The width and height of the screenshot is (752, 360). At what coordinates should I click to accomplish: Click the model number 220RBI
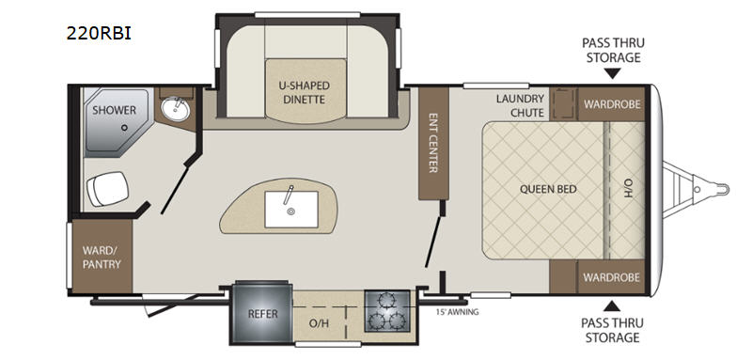99,34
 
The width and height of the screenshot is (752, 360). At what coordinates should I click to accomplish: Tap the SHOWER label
114,110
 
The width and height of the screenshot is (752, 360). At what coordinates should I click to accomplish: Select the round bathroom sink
175,109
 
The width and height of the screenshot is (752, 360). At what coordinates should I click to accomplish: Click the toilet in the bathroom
108,188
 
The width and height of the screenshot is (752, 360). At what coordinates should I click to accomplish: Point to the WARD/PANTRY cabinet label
102,257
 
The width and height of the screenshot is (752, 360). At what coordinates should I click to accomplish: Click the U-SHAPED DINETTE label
305,92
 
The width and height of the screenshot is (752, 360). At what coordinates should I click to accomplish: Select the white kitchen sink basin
291,210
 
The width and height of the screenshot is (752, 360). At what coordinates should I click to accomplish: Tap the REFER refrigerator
262,314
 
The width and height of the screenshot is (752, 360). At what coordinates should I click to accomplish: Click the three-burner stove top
387,310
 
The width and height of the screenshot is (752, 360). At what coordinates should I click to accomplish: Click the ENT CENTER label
433,142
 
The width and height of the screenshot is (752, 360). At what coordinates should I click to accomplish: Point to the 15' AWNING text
457,312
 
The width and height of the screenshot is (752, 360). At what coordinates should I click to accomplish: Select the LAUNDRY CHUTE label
521,105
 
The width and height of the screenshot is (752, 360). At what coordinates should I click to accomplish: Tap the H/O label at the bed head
629,189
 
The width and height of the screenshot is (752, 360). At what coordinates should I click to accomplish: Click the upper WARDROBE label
612,104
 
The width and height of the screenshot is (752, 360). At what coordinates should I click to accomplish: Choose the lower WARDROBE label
612,277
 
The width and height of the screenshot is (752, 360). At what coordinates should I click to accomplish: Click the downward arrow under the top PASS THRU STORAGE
613,73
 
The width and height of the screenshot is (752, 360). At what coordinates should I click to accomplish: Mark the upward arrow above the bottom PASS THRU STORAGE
611,305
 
